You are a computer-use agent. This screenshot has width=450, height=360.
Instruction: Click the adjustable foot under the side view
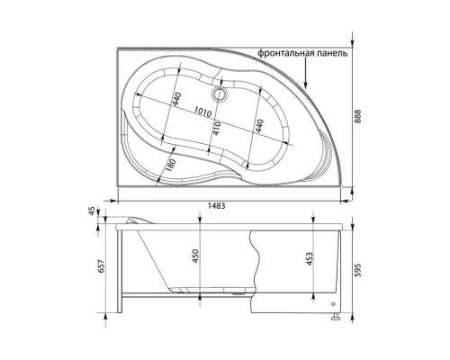pos(335,316)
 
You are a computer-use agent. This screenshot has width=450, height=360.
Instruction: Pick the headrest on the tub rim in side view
pos(136,220)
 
